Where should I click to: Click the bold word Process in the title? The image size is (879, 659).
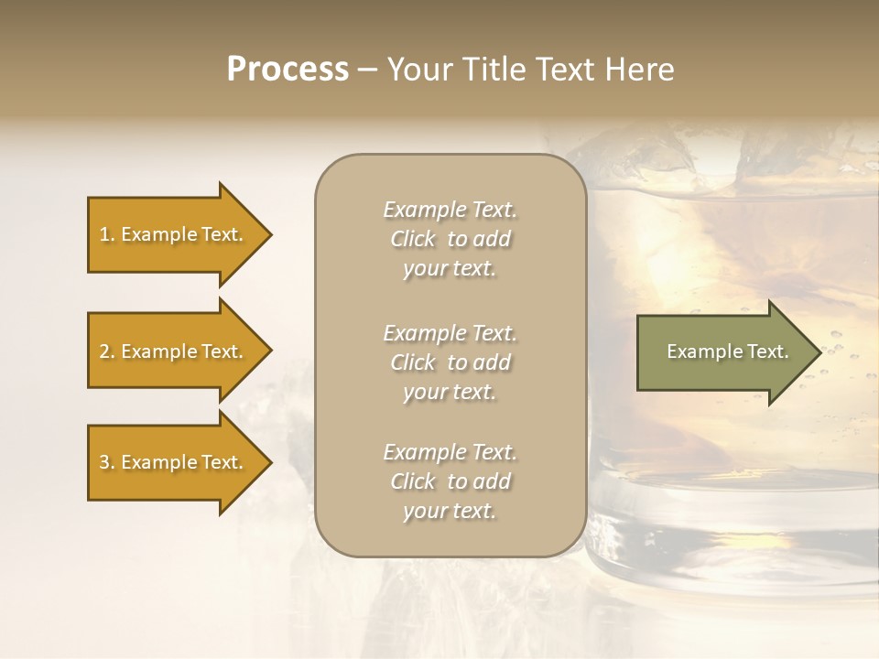click(x=288, y=70)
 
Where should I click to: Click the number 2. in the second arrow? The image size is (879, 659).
click(x=106, y=351)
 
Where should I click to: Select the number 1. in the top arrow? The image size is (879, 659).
click(x=106, y=234)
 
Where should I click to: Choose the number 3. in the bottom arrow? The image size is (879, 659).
click(x=106, y=462)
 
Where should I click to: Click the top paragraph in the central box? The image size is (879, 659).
click(x=450, y=239)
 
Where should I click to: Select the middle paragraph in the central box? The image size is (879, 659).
click(x=450, y=362)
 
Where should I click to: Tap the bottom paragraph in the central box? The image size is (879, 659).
click(x=450, y=481)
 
